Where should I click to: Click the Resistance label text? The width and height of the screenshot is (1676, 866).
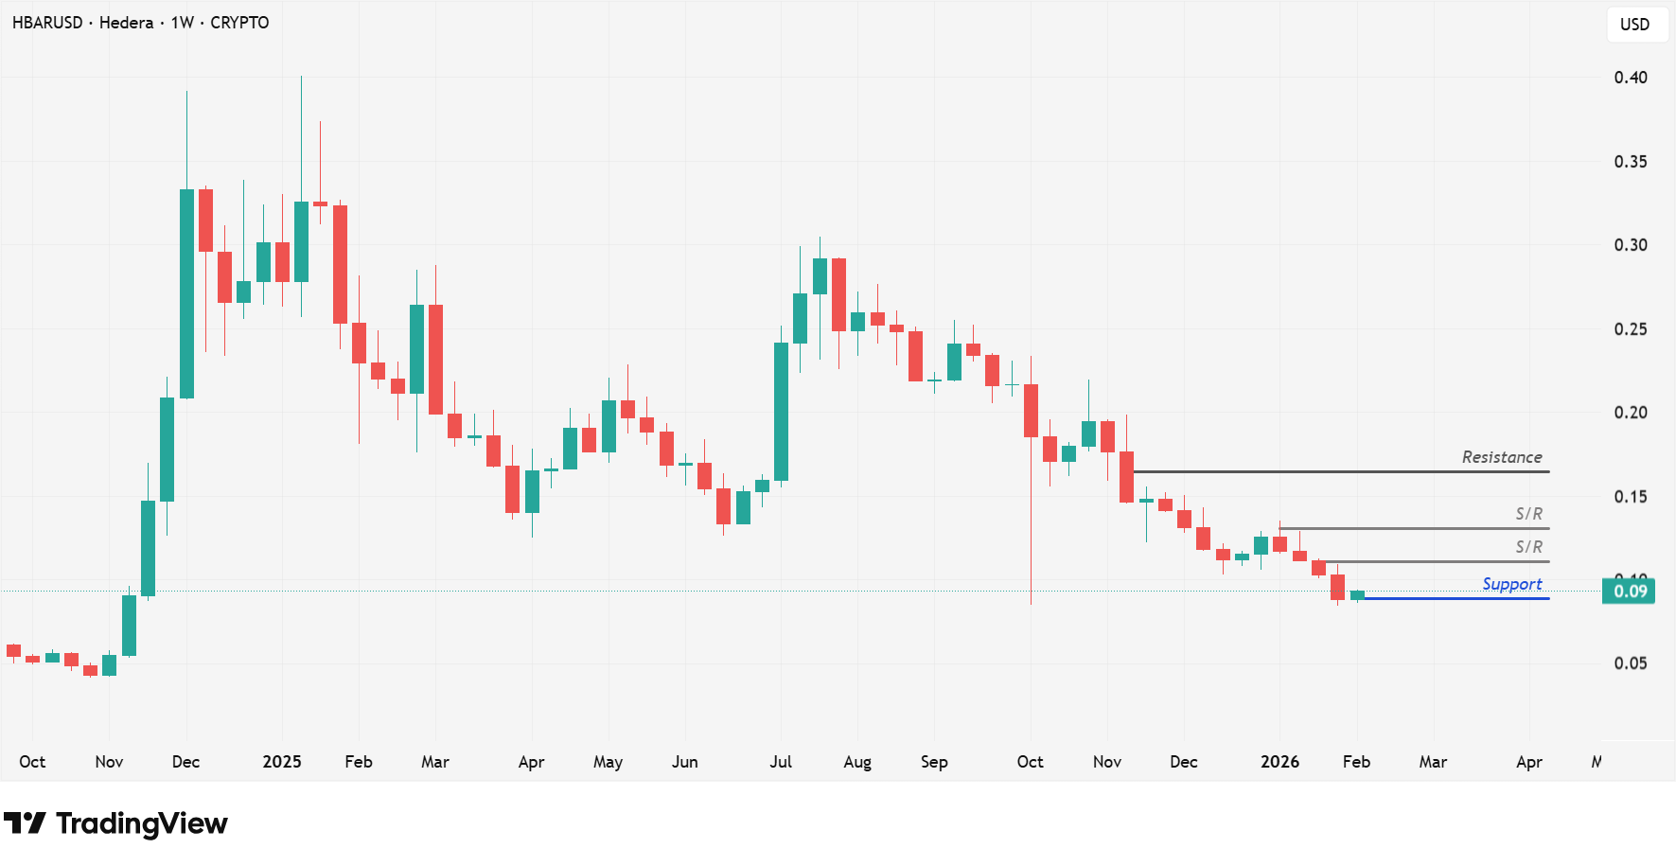1501,457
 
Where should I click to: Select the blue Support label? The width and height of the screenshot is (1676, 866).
1511,584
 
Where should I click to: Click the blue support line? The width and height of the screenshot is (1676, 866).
1457,598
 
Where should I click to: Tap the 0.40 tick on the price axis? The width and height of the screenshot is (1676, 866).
1630,78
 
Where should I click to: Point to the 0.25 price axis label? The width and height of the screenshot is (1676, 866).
1630,329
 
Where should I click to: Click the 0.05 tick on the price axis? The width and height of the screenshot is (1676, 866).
1630,663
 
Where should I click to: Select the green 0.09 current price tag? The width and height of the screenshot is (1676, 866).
1629,592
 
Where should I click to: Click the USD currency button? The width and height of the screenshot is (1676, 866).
1634,25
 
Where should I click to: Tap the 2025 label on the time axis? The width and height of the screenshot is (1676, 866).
281,762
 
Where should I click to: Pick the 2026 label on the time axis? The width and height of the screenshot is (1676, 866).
1279,762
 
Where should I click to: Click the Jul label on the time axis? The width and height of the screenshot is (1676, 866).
781,762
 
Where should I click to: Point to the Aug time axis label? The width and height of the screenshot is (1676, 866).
857,762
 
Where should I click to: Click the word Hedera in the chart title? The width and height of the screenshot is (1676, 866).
126,23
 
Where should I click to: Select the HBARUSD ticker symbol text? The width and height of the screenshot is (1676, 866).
47,23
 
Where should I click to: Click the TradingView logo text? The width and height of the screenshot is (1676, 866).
141,823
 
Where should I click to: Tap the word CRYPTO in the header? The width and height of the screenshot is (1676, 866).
239,23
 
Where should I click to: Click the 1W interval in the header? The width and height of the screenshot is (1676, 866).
183,23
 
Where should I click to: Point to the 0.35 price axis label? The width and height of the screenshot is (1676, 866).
1630,162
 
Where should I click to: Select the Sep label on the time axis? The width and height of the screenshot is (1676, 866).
934,762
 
